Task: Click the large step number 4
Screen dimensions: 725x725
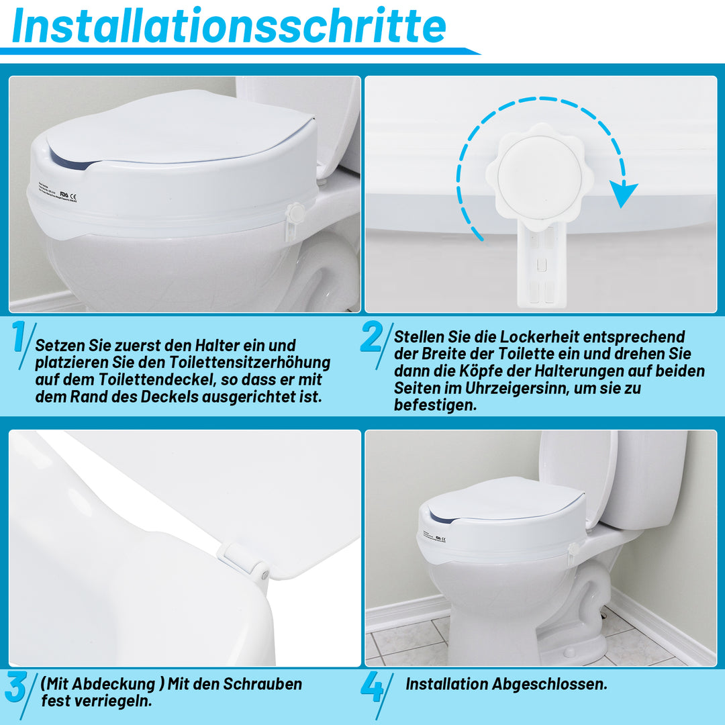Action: tap(371, 687)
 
